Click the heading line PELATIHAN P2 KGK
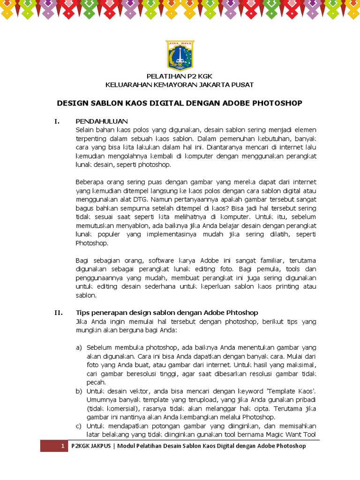pyautogui.click(x=180, y=76)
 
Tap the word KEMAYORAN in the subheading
pyautogui.click(x=172, y=84)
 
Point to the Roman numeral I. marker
pyautogui.click(x=57, y=121)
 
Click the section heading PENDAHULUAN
pyautogui.click(x=101, y=121)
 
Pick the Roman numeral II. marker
pyautogui.click(x=58, y=313)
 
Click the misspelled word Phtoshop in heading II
pyautogui.click(x=240, y=313)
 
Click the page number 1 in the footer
pyautogui.click(x=62, y=446)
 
